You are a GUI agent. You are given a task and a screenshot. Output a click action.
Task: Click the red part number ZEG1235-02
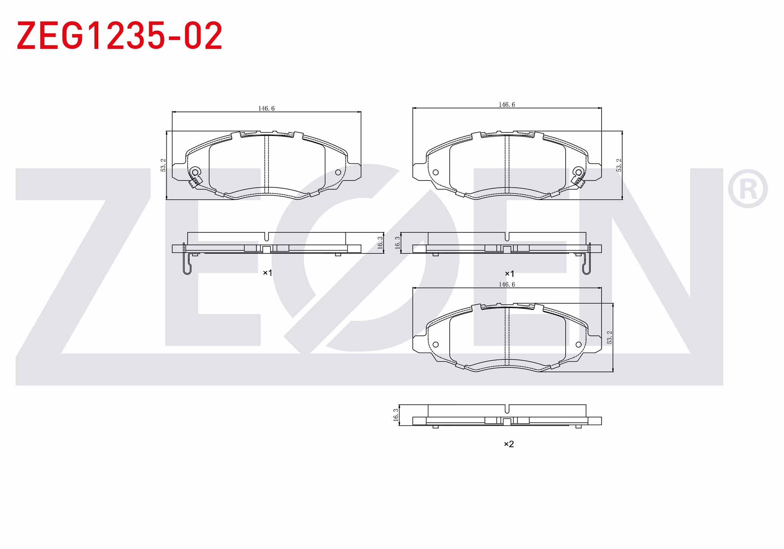click(119, 36)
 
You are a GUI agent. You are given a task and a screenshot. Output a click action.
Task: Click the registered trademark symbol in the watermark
click(748, 188)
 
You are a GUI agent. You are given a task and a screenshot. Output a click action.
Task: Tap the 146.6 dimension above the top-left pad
click(266, 108)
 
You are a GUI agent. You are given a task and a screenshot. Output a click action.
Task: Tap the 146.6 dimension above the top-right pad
click(506, 105)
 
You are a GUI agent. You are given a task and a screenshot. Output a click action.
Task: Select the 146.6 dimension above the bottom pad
click(506, 284)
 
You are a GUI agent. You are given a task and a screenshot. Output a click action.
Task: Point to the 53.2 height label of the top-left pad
click(163, 165)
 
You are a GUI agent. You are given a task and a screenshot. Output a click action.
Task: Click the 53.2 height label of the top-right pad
click(619, 165)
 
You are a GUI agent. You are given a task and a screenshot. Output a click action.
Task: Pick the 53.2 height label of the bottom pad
click(610, 337)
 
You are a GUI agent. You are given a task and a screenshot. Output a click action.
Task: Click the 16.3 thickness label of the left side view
click(380, 242)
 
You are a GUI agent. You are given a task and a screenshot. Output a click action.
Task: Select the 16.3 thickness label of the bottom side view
click(396, 415)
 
